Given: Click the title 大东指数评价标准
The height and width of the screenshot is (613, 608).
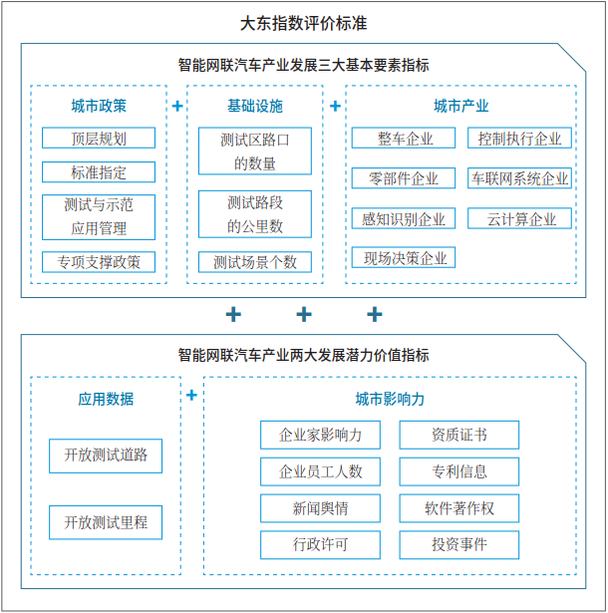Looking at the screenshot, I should click(304, 23).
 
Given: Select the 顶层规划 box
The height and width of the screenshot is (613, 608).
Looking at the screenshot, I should click(99, 139).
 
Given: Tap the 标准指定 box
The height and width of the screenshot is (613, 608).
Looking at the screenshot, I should click(99, 172).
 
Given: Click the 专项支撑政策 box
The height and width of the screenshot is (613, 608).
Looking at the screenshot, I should click(99, 262).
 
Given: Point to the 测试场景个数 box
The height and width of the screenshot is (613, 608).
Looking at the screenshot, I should click(255, 262).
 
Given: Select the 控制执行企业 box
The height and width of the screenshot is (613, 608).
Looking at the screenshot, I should click(519, 139).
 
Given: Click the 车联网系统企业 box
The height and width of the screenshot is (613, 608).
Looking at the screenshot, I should click(519, 178).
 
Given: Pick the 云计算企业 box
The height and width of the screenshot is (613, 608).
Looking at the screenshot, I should click(519, 218).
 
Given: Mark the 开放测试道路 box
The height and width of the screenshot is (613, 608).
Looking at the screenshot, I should click(106, 455).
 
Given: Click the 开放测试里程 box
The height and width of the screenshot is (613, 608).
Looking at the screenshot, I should click(106, 521).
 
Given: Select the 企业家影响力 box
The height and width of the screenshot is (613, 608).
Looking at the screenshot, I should click(320, 435).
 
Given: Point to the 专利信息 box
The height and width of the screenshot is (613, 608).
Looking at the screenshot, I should click(459, 471).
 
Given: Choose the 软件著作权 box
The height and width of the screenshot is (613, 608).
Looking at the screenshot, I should click(459, 508).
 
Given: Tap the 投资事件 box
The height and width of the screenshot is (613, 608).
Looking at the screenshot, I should click(459, 545).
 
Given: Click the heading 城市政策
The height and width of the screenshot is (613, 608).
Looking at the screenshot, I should click(99, 106).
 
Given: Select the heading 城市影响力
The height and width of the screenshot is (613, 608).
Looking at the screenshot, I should click(390, 399).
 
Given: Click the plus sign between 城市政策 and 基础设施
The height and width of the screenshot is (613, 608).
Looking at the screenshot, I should click(177, 106).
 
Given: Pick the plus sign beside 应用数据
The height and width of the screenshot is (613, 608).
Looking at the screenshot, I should click(191, 396).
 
